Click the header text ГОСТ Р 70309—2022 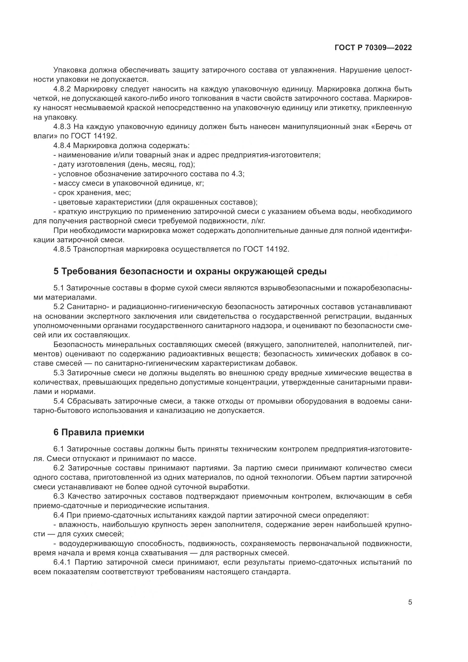coord(373,48)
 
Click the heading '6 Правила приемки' coord(99,432)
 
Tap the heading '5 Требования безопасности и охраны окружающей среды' coord(190,271)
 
